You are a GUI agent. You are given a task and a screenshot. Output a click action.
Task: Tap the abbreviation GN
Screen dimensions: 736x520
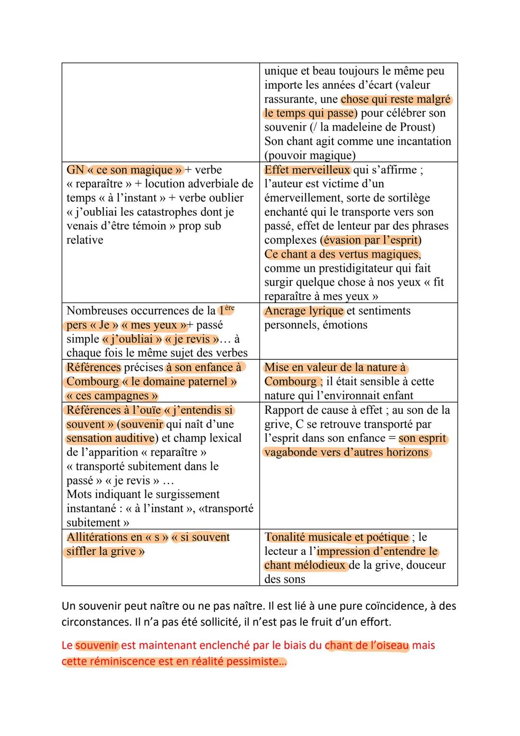pos(75,170)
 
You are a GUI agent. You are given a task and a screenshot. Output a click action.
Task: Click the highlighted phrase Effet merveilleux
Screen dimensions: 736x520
pos(307,170)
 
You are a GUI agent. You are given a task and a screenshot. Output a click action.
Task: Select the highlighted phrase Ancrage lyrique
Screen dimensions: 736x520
pos(304,311)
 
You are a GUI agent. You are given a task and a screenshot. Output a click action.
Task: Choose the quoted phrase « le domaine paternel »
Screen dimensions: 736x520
pos(180,381)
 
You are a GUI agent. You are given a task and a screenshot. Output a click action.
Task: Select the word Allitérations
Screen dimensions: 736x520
pos(98,537)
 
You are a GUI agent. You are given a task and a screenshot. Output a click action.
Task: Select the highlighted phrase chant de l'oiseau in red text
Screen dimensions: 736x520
pos(367,645)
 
